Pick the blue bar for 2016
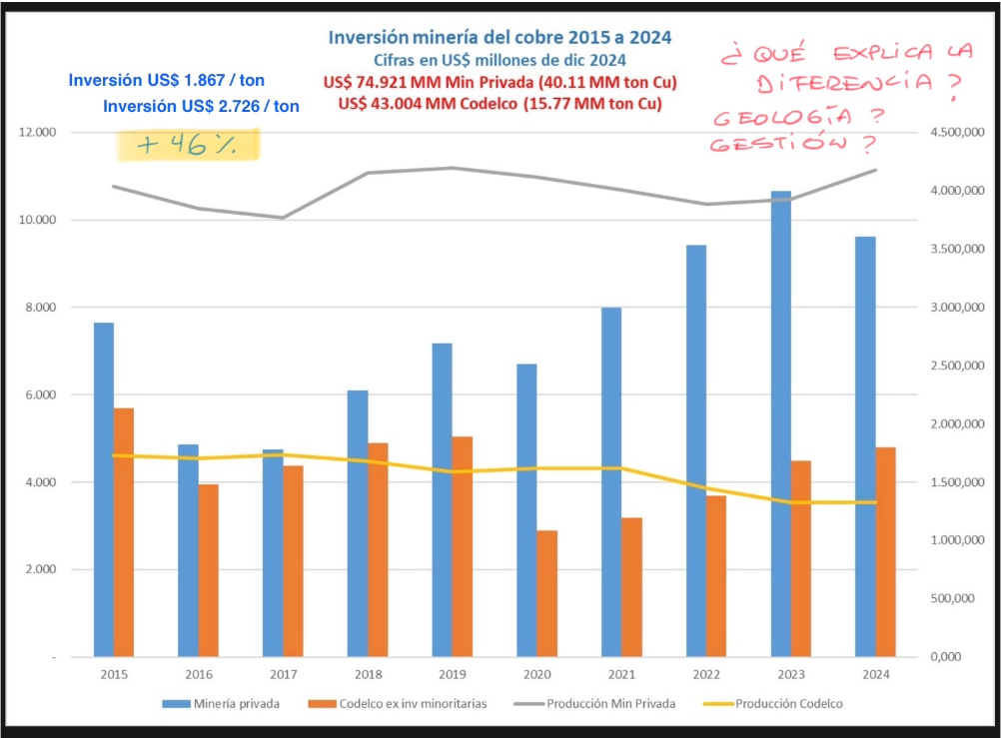[188, 550]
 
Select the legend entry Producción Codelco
[788, 703]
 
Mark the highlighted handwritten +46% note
[188, 145]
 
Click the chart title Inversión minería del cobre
[500, 37]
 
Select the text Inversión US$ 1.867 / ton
[167, 80]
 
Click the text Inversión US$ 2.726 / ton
[201, 105]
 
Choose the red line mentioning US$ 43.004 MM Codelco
[500, 103]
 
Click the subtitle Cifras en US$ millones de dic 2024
[500, 61]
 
